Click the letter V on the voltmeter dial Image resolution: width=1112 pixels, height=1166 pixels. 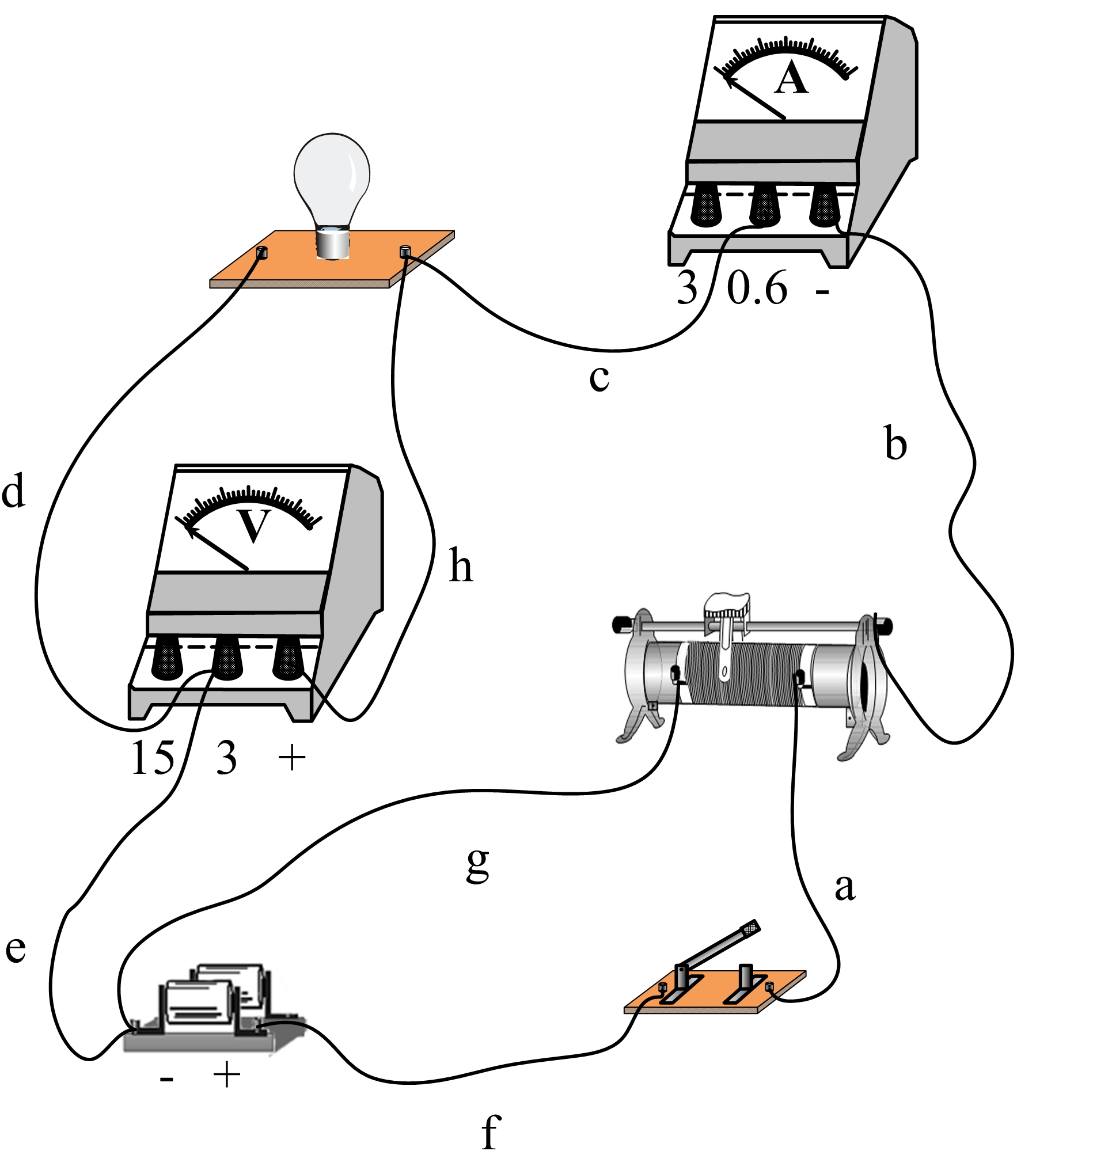click(254, 526)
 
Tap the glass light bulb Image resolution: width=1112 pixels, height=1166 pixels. click(332, 175)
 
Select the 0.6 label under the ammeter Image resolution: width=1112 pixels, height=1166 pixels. click(757, 288)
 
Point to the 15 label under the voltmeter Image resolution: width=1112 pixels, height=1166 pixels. click(153, 758)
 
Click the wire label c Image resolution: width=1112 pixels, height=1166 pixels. click(599, 378)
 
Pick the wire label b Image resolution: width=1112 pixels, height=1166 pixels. click(895, 443)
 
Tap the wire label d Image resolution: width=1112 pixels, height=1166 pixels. click(13, 491)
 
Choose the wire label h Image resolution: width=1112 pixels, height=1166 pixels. click(461, 565)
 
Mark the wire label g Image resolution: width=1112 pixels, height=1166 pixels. click(478, 865)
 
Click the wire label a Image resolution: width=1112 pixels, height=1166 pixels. click(845, 887)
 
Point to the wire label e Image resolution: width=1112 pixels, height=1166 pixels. click(16, 948)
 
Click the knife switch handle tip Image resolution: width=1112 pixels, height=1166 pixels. click(750, 928)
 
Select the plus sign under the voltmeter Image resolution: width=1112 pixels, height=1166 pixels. click(291, 758)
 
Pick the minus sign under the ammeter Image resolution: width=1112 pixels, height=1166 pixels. click(822, 291)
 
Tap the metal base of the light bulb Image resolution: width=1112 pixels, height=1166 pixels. click(332, 243)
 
